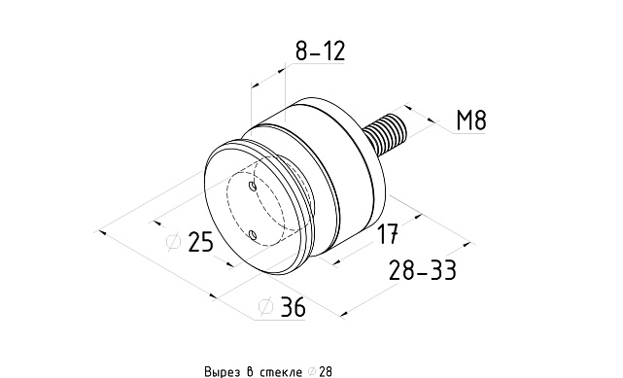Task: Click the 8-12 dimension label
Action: point(320,51)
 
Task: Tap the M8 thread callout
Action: point(470,120)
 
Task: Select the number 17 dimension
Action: point(387,233)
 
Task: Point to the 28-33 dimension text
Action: point(422,270)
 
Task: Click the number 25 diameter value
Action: point(200,241)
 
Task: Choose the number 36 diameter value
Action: point(294,306)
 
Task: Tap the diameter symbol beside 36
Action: point(265,306)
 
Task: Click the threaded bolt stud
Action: point(386,134)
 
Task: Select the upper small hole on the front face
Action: point(253,186)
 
